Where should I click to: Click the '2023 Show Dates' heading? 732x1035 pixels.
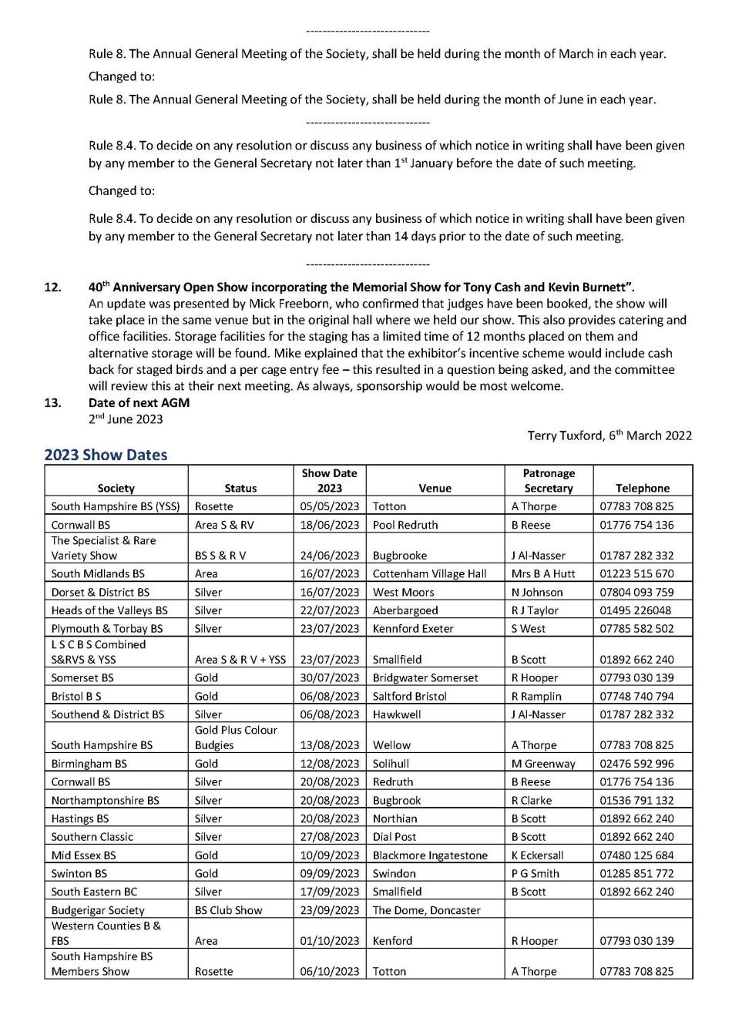[x=106, y=455]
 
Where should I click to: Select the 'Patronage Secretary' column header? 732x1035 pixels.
[x=548, y=480]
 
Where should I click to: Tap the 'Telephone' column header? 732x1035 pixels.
[x=643, y=488]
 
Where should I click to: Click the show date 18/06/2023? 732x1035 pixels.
[x=330, y=525]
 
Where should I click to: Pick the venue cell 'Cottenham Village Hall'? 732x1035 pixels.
[x=429, y=573]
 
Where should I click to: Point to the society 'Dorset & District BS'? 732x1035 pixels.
[x=100, y=592]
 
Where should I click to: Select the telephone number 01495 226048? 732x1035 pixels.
[x=636, y=610]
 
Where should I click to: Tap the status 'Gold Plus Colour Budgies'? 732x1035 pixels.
[x=236, y=738]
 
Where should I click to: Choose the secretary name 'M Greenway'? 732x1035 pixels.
[x=543, y=764]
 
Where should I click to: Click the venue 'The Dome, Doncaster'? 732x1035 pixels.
[x=426, y=910]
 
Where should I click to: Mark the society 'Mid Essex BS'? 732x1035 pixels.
[x=83, y=855]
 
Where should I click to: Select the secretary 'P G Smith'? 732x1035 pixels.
[x=536, y=873]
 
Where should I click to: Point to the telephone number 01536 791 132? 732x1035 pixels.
[x=636, y=800]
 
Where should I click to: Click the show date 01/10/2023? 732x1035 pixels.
[x=330, y=940]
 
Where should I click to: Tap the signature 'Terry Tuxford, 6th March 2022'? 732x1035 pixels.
[x=609, y=435]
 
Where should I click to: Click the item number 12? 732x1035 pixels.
[x=52, y=287]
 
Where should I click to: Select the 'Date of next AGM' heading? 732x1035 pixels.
[x=139, y=402]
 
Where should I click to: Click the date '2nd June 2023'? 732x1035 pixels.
[x=126, y=419]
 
